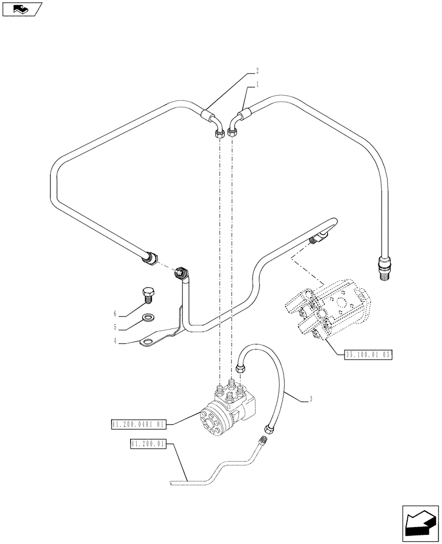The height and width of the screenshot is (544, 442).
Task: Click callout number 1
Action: [x=257, y=85]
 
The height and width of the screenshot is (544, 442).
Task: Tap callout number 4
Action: [x=116, y=342]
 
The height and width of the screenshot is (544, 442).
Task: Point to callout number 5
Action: [x=116, y=328]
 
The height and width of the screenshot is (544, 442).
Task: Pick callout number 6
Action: [x=116, y=314]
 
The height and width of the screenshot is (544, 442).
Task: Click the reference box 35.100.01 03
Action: [x=369, y=355]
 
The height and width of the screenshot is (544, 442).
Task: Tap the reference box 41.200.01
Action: [x=148, y=445]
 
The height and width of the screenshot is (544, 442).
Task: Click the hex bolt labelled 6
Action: [x=148, y=294]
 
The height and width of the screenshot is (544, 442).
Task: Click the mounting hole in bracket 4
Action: [x=147, y=342]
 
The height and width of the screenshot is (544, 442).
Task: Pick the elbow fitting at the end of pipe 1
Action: [x=235, y=128]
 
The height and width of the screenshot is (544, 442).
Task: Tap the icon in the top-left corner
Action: [x=21, y=9]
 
